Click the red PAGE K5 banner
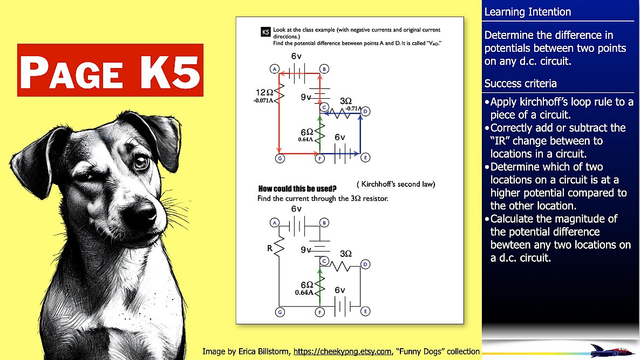[110, 70]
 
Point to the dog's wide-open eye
[141, 162]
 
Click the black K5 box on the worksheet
[265, 32]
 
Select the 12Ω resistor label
[264, 93]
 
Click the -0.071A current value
[263, 100]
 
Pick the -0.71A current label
[353, 108]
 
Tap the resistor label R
[269, 248]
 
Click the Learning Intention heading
[527, 12]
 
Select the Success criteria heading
[520, 84]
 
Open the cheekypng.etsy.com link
[342, 351]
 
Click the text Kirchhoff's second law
[396, 184]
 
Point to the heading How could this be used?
[297, 188]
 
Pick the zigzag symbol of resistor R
[279, 246]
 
